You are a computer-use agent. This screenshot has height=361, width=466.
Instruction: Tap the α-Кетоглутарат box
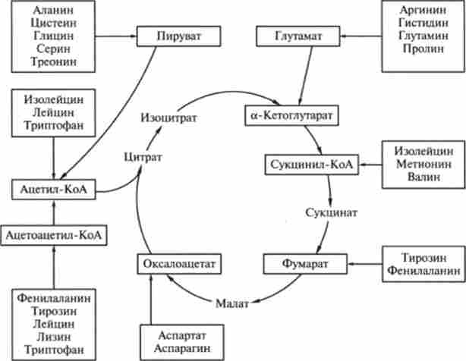click(x=292, y=115)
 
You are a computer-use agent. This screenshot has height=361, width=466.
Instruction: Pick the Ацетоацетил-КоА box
click(x=54, y=237)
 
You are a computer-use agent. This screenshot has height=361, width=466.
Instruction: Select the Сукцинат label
click(x=332, y=213)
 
